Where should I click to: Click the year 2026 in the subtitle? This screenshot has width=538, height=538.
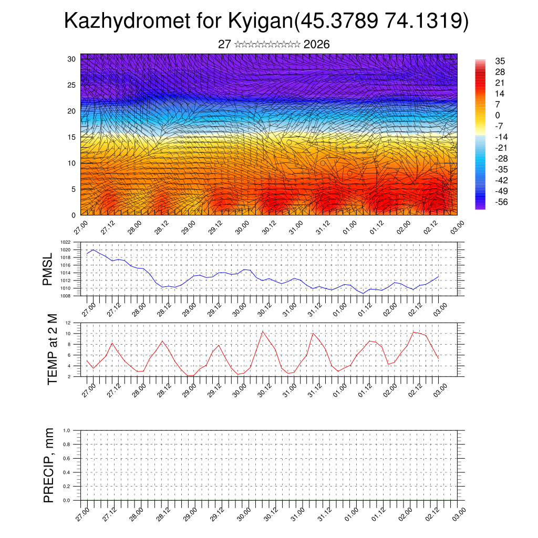316,45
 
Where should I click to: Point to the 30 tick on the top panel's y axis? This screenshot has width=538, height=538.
72,59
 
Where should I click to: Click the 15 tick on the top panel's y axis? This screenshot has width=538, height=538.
72,137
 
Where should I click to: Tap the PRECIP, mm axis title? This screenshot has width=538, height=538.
49,465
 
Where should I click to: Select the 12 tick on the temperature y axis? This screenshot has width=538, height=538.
68,323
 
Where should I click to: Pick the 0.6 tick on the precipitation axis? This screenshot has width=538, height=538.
67,458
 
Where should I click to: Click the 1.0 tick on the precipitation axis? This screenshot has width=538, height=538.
67,430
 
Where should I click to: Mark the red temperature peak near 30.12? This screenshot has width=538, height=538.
263,331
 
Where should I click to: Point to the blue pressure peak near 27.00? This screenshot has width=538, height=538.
93,250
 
